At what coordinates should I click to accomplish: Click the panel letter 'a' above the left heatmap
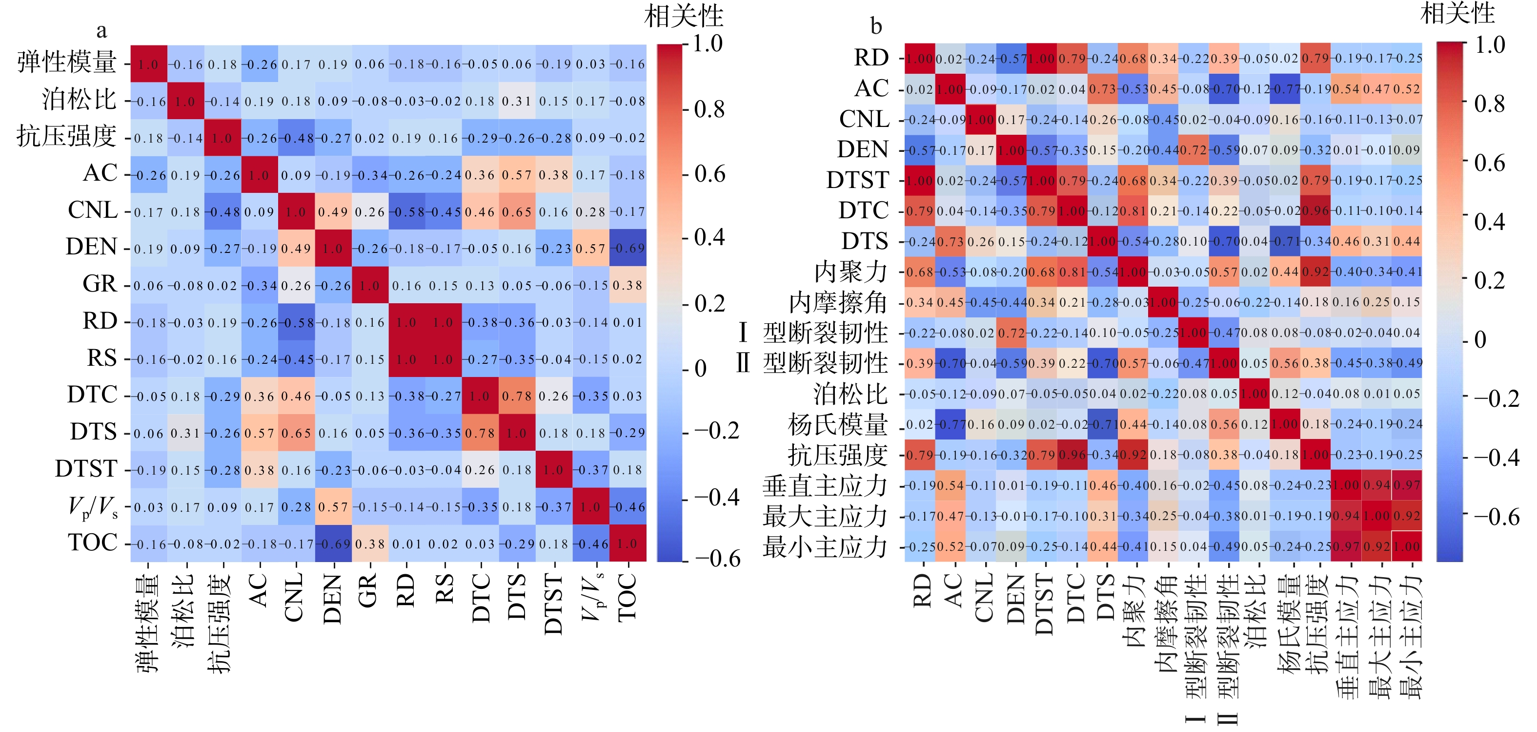101,30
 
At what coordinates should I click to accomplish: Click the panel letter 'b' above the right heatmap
876,26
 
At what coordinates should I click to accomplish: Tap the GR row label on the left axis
100,284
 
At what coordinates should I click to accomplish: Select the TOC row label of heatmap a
93,543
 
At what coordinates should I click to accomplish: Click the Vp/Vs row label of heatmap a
93,507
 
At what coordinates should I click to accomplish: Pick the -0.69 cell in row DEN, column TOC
627,248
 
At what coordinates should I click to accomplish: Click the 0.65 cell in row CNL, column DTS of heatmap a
517,211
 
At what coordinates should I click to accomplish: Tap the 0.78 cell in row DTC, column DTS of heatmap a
480,432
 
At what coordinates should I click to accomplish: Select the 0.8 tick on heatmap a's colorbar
709,109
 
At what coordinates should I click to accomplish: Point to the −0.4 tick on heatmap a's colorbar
716,497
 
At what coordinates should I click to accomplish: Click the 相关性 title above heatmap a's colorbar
684,16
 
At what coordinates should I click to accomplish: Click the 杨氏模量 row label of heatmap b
837,424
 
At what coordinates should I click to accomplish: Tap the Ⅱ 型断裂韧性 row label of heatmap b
812,363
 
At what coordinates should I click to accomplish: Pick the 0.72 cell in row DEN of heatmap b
1193,150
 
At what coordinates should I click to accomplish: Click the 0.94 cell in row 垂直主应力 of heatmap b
1376,485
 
